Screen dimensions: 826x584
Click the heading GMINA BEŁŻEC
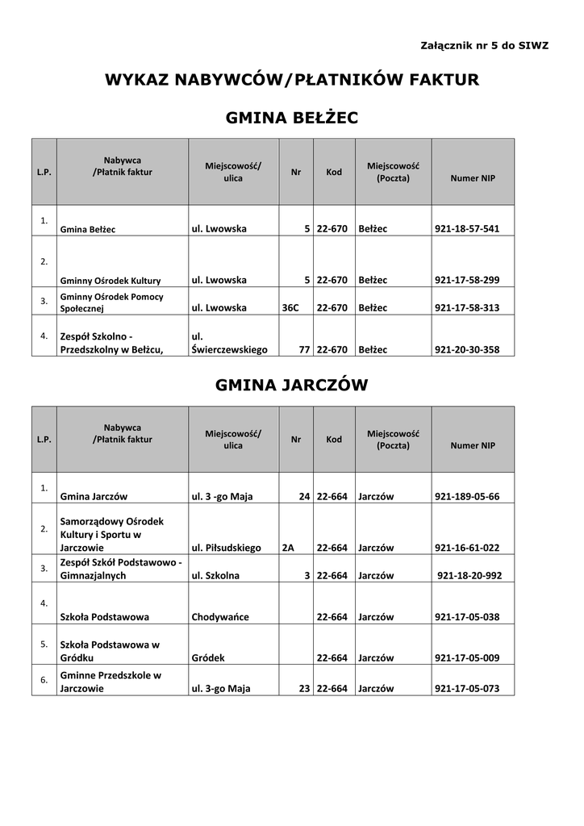point(291,119)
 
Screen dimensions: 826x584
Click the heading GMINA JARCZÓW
point(291,386)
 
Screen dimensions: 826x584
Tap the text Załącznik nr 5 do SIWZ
point(484,45)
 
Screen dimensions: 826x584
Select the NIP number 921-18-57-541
point(467,229)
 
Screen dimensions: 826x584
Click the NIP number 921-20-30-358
point(467,350)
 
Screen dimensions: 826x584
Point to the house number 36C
point(290,308)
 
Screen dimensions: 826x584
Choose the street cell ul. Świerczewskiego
point(229,343)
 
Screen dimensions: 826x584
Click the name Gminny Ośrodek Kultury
point(111,281)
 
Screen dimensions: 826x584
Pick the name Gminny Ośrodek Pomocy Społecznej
point(111,302)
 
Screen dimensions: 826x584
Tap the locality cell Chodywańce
point(220,617)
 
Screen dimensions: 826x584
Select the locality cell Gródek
point(208,658)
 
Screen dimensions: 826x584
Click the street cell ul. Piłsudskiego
point(227,548)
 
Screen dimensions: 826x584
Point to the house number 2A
point(288,548)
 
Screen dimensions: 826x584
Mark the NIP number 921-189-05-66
point(467,497)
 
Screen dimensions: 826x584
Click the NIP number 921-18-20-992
point(469,576)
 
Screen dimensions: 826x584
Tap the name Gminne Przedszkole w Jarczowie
point(111,682)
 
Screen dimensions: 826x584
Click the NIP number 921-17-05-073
point(467,689)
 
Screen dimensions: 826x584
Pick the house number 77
point(304,350)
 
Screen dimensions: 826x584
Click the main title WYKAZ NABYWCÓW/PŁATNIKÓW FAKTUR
point(291,80)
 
